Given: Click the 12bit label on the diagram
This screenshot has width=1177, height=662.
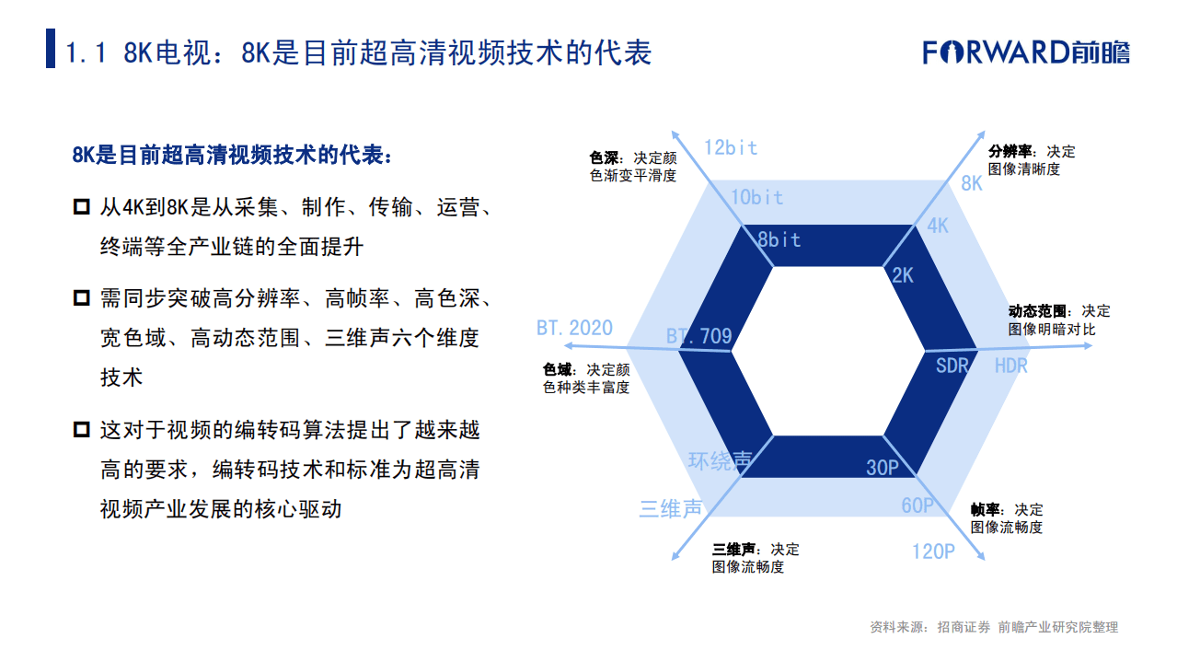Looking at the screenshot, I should click(x=730, y=147).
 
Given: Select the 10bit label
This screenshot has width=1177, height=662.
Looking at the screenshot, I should click(x=756, y=197).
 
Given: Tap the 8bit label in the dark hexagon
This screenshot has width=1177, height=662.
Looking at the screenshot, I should click(x=779, y=240).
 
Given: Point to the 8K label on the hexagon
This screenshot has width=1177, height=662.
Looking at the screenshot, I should click(x=972, y=183).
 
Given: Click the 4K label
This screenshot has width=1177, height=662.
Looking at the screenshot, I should click(x=938, y=226).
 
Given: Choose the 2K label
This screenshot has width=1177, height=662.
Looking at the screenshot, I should click(x=903, y=274).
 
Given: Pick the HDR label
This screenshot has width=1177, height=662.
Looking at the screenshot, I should click(x=1010, y=366).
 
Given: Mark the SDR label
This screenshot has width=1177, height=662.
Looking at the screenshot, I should click(x=952, y=366).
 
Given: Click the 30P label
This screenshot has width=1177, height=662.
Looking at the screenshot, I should click(x=882, y=468).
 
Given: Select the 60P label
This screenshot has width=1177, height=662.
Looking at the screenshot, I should click(x=917, y=505).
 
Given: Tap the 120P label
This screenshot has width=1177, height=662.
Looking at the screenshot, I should click(x=933, y=552).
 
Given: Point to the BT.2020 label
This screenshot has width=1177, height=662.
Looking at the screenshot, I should click(x=574, y=329).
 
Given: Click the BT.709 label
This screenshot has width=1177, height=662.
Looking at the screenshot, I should click(x=699, y=336).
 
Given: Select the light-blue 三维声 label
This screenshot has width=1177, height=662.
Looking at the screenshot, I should click(x=670, y=508).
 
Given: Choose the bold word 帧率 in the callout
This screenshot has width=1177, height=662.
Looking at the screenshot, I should click(x=986, y=509).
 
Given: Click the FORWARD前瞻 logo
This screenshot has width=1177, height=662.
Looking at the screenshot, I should click(x=1026, y=52).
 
